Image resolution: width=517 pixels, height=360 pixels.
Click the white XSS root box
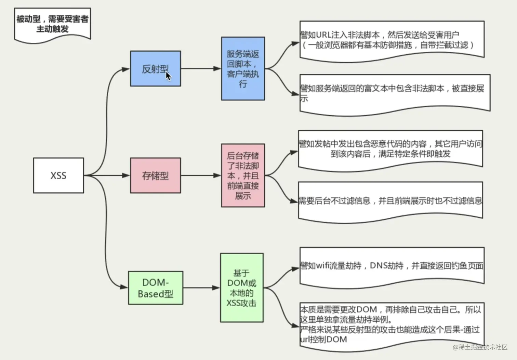58,176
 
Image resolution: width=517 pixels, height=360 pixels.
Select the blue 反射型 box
155,68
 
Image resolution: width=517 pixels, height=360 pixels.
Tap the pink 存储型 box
155,176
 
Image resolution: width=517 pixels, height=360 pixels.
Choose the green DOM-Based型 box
155,288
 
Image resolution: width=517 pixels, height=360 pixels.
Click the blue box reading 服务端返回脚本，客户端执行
243,68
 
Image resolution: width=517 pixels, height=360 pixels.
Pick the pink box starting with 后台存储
243,176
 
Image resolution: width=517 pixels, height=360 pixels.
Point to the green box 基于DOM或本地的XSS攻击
242,288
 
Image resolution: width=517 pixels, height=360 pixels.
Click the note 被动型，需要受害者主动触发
52,24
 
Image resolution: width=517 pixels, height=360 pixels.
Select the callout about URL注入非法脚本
392,40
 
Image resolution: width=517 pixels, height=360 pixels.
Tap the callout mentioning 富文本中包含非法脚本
395,93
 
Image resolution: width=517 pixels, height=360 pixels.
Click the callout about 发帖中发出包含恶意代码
390,149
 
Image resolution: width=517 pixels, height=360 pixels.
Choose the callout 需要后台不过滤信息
390,201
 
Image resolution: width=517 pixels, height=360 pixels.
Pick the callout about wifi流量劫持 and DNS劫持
392,266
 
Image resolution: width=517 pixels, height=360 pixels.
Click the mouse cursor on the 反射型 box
168,76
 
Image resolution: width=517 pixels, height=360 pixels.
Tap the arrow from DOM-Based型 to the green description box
201,288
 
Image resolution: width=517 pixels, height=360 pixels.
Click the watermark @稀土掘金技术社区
480,347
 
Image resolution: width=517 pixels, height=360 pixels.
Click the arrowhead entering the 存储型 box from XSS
126,176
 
